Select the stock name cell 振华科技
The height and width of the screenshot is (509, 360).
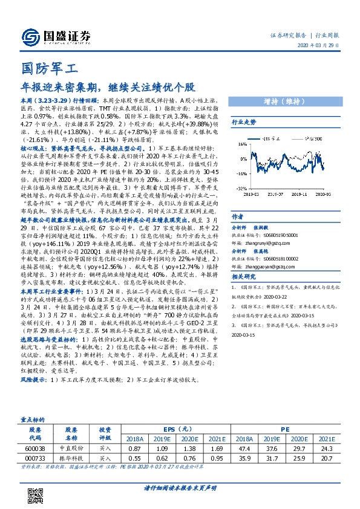click(x=71, y=458)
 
